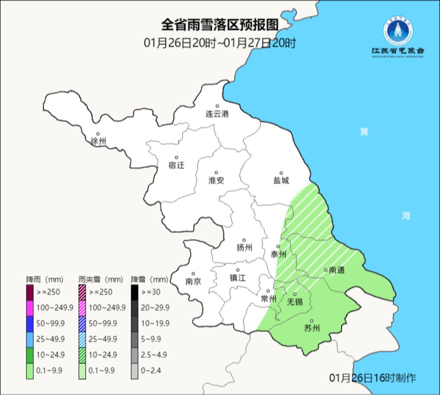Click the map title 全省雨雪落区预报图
[x=220, y=25]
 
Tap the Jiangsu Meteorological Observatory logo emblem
[x=398, y=32]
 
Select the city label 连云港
[x=217, y=114]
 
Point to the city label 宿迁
[x=176, y=165]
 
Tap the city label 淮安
[x=216, y=181]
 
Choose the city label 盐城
[x=281, y=181]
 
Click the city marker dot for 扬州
[x=244, y=240]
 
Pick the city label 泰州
[x=279, y=254]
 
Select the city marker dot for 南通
[x=326, y=269]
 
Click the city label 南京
[x=193, y=281]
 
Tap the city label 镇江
[x=238, y=278]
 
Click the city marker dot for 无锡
[x=295, y=294]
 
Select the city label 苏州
[x=312, y=329]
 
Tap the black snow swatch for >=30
[x=134, y=292]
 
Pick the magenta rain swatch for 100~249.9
[x=30, y=307]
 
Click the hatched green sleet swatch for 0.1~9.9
[x=82, y=370]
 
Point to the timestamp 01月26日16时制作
[x=373, y=378]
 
